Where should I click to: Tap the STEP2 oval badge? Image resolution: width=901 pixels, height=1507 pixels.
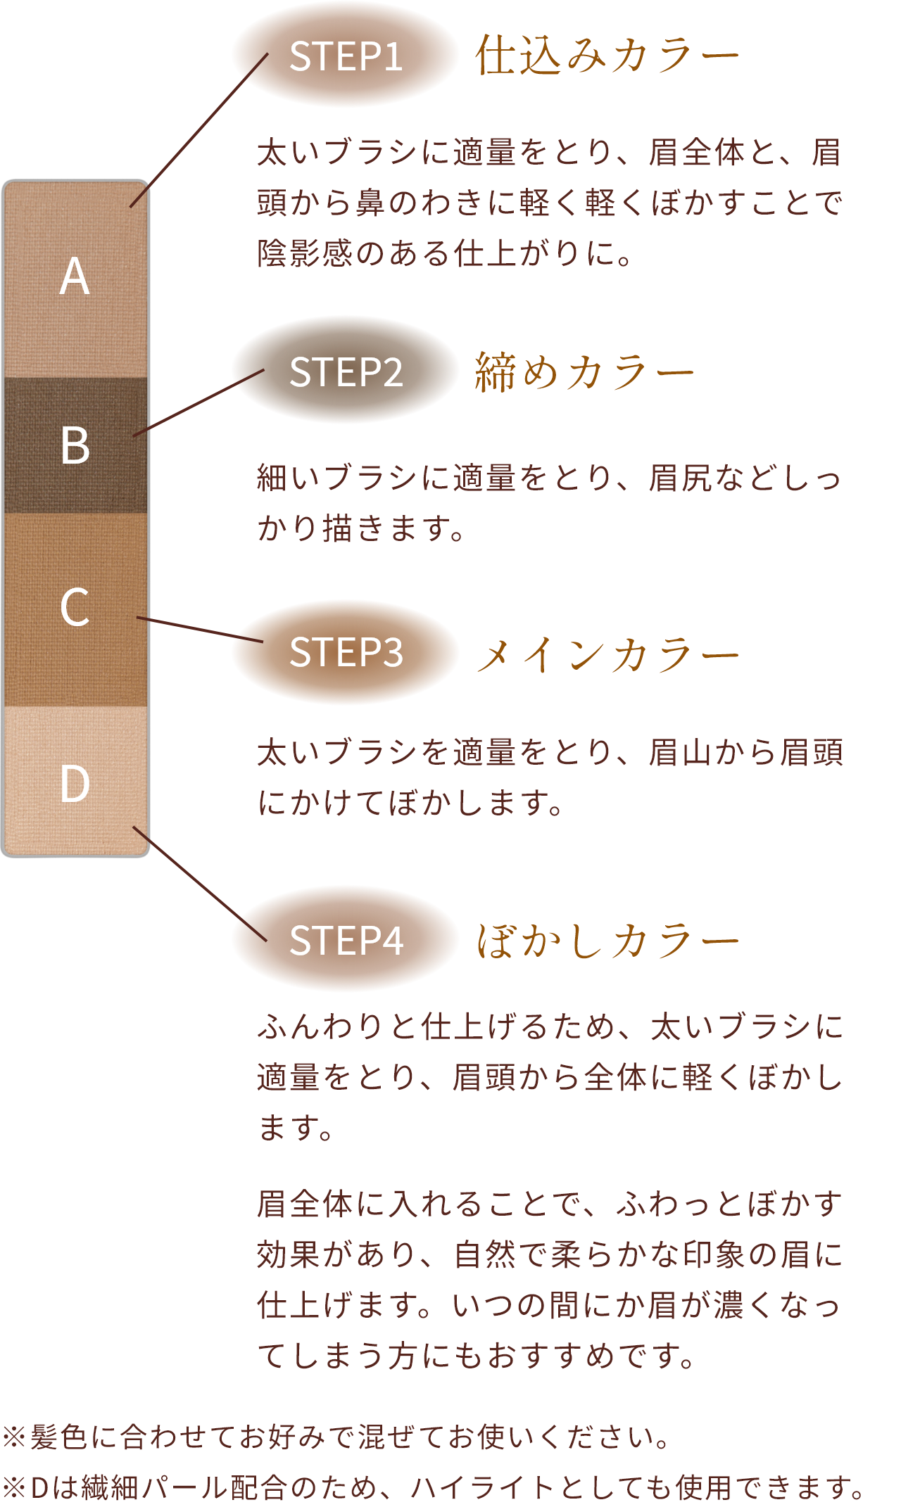(x=345, y=371)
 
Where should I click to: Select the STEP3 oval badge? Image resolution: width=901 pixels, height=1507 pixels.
(x=345, y=651)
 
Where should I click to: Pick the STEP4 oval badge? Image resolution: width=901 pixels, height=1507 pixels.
(x=345, y=939)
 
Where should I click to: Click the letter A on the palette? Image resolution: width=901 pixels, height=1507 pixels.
(x=75, y=276)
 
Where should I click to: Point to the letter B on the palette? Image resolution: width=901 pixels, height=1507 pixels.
(x=75, y=445)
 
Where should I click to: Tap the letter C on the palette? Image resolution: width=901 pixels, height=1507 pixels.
(x=75, y=607)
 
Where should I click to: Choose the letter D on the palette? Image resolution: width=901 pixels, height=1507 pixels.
(x=75, y=783)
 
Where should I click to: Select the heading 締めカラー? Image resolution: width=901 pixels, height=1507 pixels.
(x=584, y=371)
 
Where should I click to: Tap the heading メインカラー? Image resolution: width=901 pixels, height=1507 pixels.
(x=607, y=654)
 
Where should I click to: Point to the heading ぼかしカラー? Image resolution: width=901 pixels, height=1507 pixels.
(x=607, y=940)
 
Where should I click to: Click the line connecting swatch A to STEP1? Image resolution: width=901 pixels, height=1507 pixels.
(x=199, y=130)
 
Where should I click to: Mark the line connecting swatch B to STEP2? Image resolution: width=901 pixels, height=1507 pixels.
(x=199, y=403)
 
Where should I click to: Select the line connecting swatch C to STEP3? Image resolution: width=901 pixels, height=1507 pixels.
(x=200, y=630)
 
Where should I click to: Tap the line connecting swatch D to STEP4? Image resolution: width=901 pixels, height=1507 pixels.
(x=200, y=884)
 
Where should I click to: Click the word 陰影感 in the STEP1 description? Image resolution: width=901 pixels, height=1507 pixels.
(x=305, y=253)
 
